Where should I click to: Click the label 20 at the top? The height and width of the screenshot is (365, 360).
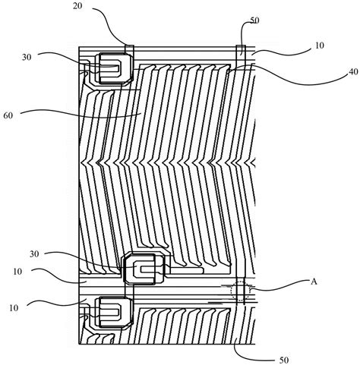(77, 5)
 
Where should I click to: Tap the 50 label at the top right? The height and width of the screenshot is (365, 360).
(254, 20)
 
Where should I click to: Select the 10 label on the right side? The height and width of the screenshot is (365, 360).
(320, 46)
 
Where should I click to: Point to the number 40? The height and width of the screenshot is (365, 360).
(353, 72)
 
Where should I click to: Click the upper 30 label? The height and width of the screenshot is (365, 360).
(27, 58)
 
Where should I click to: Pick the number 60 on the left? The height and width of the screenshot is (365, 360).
(8, 115)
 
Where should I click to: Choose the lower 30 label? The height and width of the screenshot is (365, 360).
(34, 253)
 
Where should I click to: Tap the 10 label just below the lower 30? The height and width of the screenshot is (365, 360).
(17, 272)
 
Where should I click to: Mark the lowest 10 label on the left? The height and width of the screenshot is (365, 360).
(14, 308)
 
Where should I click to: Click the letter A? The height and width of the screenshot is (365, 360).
(314, 282)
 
